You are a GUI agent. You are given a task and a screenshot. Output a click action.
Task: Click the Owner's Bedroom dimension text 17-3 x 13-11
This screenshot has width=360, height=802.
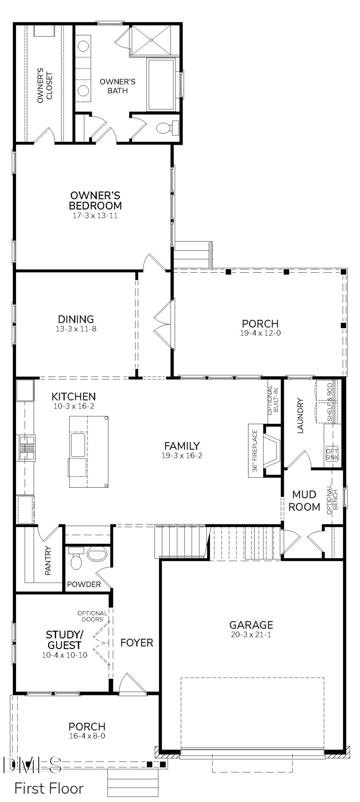coord(95,216)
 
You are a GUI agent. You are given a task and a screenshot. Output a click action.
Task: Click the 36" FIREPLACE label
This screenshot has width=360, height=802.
coord(255,451)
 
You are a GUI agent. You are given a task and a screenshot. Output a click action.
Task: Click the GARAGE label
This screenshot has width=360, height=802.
coord(251,625)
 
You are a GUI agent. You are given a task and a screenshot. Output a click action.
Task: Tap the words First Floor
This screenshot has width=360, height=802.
coord(49,788)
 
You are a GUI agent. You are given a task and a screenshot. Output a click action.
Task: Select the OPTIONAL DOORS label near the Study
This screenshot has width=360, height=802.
coord(92,616)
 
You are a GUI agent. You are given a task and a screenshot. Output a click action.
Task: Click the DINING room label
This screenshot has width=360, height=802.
coord(76,319)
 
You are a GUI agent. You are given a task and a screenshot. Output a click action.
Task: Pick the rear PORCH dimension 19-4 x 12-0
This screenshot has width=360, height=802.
coord(260,333)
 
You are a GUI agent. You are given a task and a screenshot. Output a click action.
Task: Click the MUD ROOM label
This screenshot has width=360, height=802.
coord(304,500)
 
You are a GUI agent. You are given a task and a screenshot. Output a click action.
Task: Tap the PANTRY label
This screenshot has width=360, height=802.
coord(48,561)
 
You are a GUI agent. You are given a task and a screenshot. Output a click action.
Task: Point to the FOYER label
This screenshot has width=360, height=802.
coord(137,643)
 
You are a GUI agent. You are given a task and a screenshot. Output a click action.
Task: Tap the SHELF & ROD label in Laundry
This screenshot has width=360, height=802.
coord(330,402)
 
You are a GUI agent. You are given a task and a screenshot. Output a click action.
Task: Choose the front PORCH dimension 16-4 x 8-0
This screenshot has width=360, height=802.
coord(87,736)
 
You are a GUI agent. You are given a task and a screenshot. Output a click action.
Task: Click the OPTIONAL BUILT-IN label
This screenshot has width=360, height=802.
coord(273,400)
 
